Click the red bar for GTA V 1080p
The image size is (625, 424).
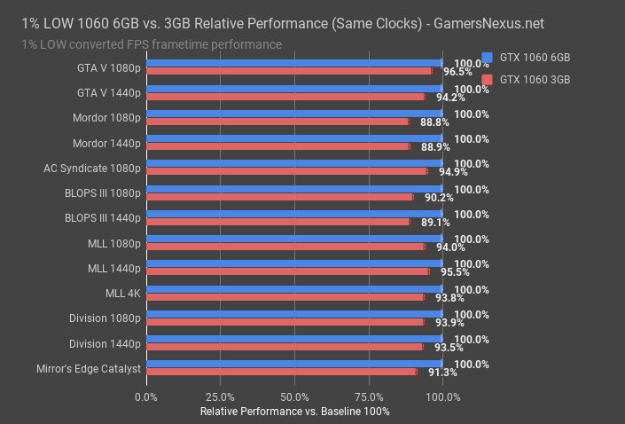288,71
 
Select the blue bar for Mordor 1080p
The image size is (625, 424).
294,114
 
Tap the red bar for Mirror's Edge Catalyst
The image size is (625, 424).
281,372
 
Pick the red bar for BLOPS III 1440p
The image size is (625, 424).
277,222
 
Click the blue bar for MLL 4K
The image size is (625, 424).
294,288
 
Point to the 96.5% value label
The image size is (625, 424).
457,72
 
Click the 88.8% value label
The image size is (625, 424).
425,122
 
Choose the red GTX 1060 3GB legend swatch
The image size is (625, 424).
486,80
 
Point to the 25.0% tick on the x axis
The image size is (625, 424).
220,397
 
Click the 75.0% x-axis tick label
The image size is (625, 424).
368,397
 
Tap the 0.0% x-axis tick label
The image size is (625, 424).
146,397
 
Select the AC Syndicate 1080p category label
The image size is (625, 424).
92,168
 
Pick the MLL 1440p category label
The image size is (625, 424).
114,268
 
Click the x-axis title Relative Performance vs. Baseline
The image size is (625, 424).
294,412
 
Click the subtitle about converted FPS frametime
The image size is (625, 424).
152,44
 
